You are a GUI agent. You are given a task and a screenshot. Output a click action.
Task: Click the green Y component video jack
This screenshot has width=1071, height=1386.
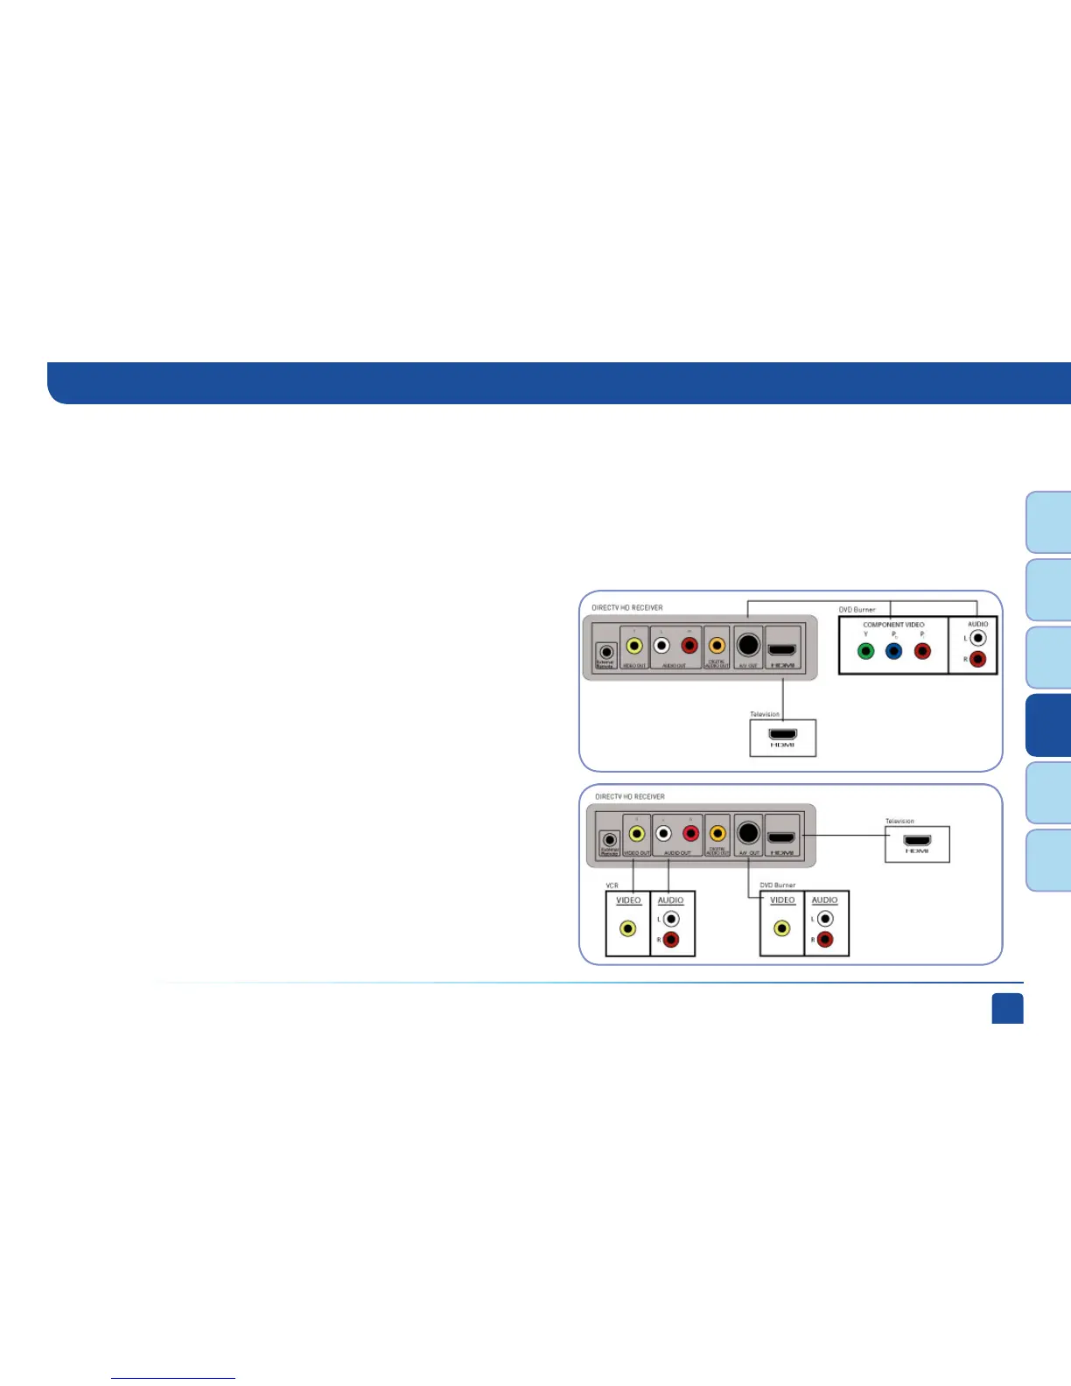pos(865,651)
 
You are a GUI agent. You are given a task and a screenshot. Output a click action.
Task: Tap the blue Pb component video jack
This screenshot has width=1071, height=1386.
pos(893,651)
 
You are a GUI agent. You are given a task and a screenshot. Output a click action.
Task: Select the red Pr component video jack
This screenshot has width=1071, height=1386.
pos(921,651)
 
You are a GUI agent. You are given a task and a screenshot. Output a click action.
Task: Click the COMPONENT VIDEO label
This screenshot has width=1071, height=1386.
pos(893,625)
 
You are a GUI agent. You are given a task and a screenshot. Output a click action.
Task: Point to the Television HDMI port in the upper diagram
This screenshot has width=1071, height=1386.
pos(782,734)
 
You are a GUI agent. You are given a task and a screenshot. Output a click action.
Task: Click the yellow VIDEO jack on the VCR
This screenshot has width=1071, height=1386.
pos(627,928)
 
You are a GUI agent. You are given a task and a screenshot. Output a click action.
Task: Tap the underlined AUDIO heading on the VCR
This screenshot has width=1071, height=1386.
pos(670,900)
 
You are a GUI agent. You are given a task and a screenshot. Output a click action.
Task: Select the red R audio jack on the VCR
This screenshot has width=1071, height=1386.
pos(671,940)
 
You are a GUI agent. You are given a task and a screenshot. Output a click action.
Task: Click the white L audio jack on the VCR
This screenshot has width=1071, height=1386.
pos(671,919)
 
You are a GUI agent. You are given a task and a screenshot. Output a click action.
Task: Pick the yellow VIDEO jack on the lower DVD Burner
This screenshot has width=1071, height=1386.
pos(781,928)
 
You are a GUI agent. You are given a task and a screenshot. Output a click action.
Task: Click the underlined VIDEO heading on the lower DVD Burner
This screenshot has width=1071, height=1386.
pos(782,900)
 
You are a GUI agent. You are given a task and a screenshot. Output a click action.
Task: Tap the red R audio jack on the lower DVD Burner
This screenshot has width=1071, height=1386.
pos(825,940)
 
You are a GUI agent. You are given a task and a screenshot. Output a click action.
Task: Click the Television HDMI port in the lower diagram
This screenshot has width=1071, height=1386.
pos(916,841)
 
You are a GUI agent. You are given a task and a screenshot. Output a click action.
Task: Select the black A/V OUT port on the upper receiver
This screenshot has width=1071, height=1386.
pos(747,645)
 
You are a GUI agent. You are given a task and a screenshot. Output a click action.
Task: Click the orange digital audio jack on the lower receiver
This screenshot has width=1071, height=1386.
pos(718,834)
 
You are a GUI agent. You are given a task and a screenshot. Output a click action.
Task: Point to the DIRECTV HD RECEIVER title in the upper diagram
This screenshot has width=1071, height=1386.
pos(627,607)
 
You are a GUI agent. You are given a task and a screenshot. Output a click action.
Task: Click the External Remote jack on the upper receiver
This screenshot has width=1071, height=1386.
pos(605,652)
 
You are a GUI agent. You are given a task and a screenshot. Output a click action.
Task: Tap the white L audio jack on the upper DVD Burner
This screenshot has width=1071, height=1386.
pos(978,639)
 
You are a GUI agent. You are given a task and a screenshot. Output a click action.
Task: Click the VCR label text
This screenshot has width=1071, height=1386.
pos(612,885)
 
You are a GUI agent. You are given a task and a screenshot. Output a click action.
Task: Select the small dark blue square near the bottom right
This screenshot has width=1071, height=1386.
pos(1007,1008)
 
